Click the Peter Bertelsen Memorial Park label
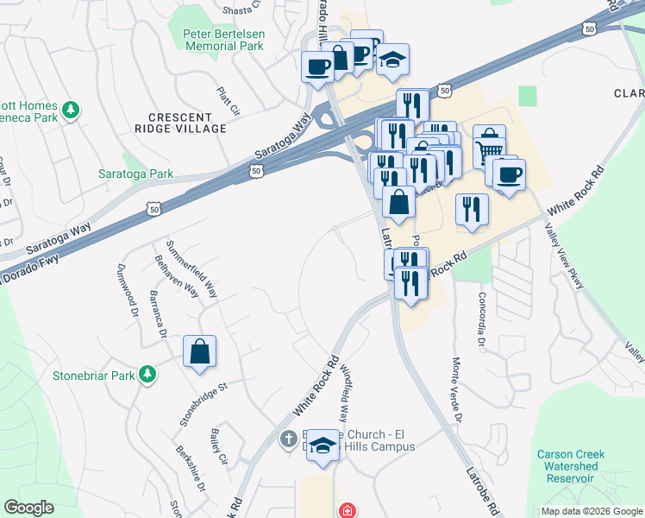222,40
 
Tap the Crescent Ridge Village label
186,123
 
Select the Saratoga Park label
150,174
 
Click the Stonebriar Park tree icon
148,375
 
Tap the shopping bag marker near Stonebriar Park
199,352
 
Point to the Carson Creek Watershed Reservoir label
571,466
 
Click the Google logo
28,508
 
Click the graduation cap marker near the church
323,446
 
